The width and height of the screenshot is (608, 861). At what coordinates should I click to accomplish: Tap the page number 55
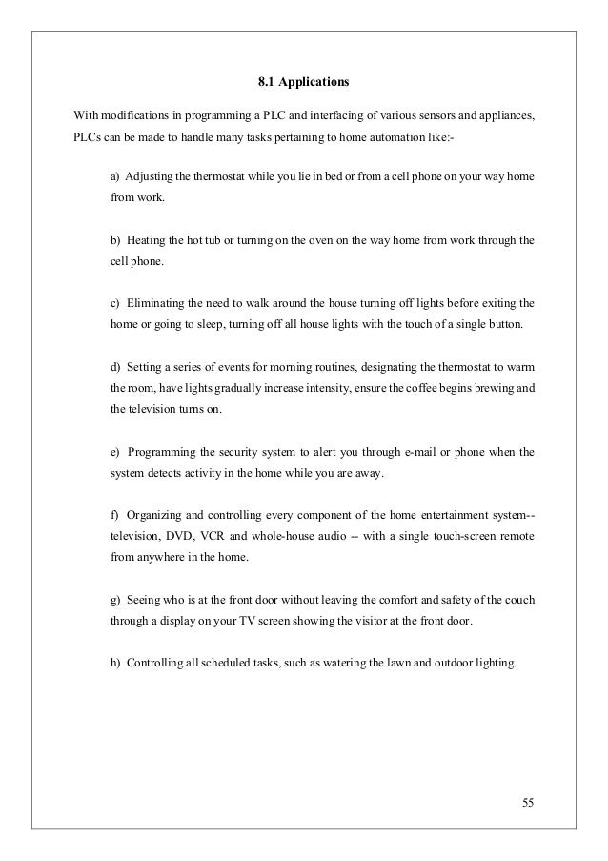528,798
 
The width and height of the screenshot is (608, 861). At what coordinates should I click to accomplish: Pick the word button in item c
517,325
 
